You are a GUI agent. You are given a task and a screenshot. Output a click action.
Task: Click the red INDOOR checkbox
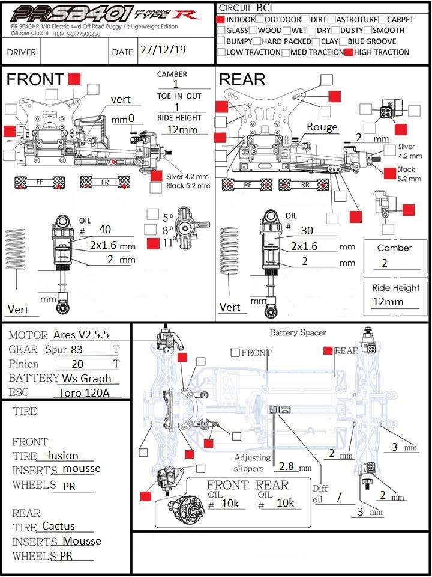pos(221,20)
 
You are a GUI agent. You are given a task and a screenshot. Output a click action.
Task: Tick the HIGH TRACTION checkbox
pos(349,52)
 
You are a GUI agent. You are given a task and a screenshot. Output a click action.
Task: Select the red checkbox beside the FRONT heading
pos(74,78)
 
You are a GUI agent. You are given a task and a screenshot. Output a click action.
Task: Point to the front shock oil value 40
pos(105,229)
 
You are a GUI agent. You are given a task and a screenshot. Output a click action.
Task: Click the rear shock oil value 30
pos(308,231)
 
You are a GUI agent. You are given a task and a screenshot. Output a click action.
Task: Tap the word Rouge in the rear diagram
pos(322,127)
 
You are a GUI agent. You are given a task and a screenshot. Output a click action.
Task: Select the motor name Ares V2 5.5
pos(81,335)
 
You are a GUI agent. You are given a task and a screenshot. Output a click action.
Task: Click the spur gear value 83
pos(76,349)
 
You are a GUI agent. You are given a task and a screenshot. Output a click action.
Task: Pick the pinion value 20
pos(77,364)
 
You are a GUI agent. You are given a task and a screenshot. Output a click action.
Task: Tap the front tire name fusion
pos(62,456)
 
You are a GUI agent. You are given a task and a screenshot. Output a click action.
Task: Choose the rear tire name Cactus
pos(59,526)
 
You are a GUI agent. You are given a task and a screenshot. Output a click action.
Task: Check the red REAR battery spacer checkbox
pos(328,350)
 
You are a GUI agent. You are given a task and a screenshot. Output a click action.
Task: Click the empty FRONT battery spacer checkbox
pos(235,353)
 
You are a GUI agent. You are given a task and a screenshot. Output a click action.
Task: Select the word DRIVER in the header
pos(22,52)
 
